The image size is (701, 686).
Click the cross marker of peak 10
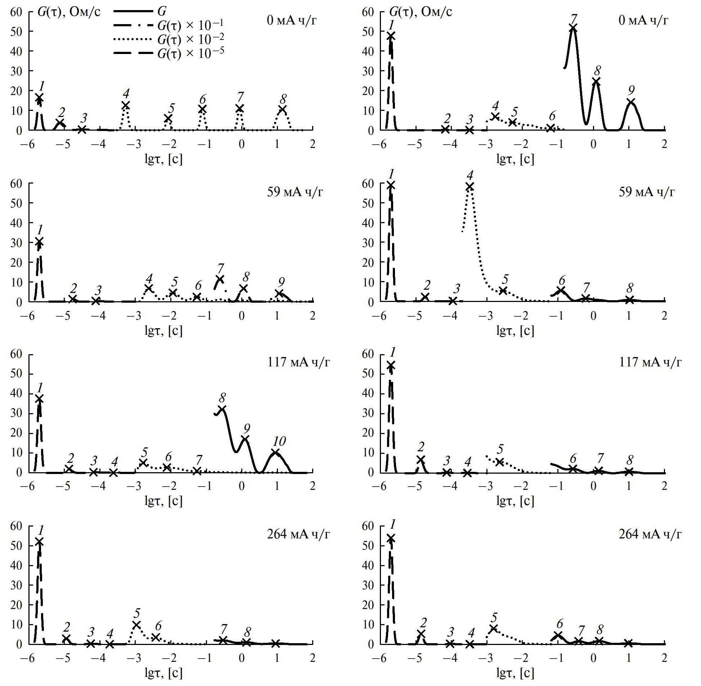coord(276,453)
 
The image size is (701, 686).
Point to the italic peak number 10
coord(279,441)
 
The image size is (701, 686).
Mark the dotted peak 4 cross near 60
coord(469,186)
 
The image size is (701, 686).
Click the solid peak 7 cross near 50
coord(573,28)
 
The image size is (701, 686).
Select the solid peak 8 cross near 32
coord(222,409)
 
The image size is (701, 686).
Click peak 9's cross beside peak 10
coord(246,439)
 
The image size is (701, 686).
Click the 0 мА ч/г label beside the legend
coord(291,20)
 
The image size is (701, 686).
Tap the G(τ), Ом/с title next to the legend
coord(69,12)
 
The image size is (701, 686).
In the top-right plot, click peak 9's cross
coord(631,102)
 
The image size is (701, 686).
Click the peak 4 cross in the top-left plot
coord(125,105)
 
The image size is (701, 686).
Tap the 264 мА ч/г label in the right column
coord(650,534)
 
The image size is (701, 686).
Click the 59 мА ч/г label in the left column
coord(295,192)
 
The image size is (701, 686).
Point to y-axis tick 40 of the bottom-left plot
coord(16,565)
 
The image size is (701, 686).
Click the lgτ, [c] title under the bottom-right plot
coord(515,673)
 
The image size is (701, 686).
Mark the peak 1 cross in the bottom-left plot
coord(39,542)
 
